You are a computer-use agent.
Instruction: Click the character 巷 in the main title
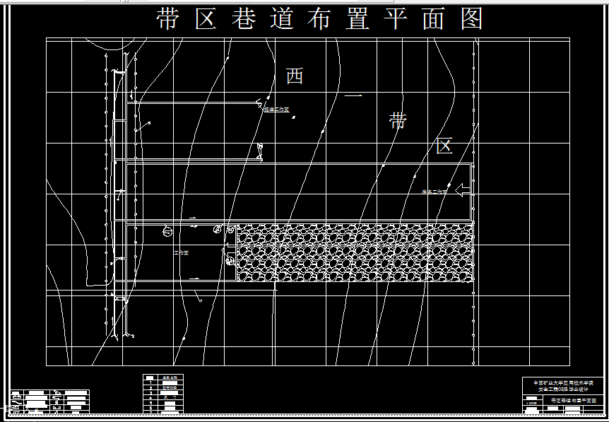click(244, 19)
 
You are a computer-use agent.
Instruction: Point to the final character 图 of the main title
click(471, 19)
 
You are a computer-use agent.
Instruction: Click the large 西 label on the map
click(294, 76)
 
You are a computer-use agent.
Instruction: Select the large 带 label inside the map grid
click(398, 121)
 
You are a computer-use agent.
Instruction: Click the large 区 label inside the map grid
click(444, 146)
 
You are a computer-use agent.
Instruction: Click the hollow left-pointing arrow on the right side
click(462, 189)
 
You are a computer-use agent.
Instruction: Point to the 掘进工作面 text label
click(276, 110)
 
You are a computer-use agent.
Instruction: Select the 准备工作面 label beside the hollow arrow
click(434, 192)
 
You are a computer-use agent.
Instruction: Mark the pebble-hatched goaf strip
click(353, 252)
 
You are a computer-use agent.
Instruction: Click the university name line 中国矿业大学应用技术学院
click(562, 382)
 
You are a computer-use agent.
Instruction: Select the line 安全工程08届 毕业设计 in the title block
click(562, 389)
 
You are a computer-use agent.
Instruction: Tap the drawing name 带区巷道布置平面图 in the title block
click(573, 400)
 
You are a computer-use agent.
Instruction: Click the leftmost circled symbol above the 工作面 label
click(167, 230)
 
